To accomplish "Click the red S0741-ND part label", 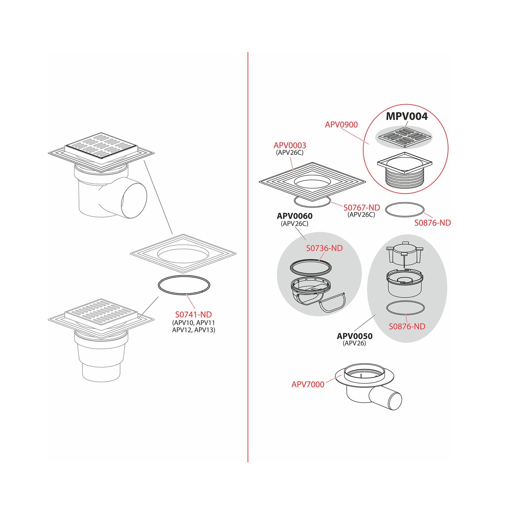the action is (x=194, y=314).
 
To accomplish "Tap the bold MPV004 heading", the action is (x=407, y=116).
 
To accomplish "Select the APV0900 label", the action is (x=341, y=124).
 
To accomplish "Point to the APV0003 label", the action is (x=290, y=145).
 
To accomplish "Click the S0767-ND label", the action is (x=361, y=208).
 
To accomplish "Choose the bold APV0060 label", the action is (x=294, y=216).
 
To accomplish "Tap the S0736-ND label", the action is (x=324, y=248).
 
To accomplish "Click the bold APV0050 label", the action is (x=355, y=336).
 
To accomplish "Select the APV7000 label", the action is (x=308, y=384).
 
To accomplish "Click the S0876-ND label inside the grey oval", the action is (x=407, y=327).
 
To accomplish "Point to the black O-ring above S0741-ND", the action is (x=184, y=276).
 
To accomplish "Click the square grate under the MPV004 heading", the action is (x=404, y=137).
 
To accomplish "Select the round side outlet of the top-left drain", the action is (x=134, y=200).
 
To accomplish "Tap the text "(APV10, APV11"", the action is (x=194, y=323).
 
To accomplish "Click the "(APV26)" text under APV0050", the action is (x=354, y=343).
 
